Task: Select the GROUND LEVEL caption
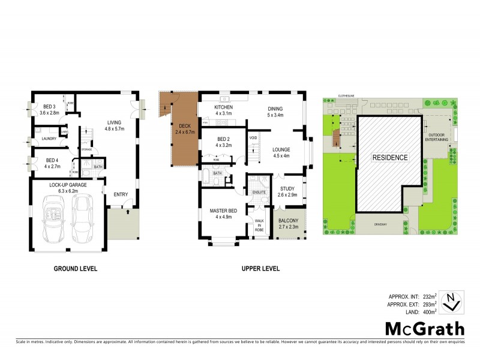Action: pyautogui.click(x=76, y=268)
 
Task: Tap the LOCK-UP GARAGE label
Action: pyautogui.click(x=68, y=185)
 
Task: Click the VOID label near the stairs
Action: pyautogui.click(x=253, y=138)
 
